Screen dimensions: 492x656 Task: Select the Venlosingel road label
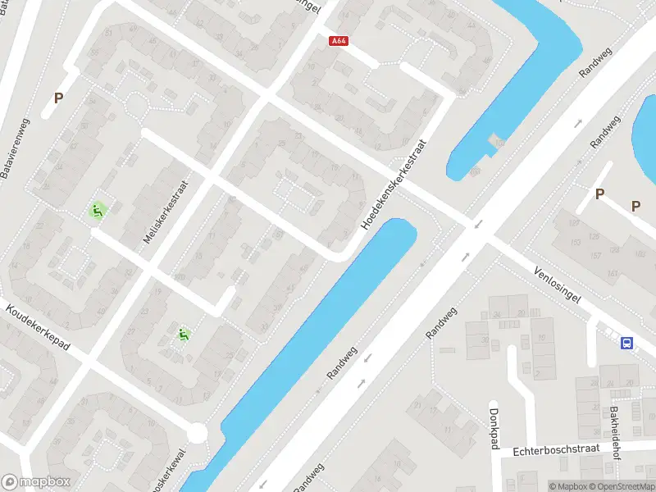(557, 284)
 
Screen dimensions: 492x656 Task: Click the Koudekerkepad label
(38, 328)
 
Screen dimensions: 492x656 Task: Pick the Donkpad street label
(494, 428)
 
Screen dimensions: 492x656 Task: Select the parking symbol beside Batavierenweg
(58, 98)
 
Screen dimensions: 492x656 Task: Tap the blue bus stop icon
(627, 344)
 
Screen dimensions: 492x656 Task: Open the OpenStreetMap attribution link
(622, 486)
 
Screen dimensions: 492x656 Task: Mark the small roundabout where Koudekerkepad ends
(197, 432)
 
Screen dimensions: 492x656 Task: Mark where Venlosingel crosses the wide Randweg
(476, 232)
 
